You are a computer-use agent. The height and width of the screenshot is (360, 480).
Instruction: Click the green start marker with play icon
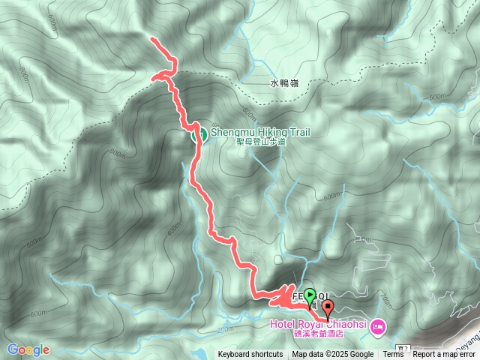310,295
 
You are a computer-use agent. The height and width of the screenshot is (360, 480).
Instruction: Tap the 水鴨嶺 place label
283,84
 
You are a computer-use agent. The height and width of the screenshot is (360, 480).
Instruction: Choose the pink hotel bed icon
376,325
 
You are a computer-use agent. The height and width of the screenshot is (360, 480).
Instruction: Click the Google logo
28,349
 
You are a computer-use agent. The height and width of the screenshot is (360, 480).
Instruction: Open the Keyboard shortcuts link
250,355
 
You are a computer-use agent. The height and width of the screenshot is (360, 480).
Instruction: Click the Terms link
393,355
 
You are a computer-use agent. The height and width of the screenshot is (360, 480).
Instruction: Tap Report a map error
445,355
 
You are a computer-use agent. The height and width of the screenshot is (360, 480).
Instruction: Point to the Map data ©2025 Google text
333,355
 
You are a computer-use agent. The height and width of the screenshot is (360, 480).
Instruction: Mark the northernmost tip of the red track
152,38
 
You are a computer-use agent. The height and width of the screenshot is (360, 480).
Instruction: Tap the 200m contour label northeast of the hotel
386,301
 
